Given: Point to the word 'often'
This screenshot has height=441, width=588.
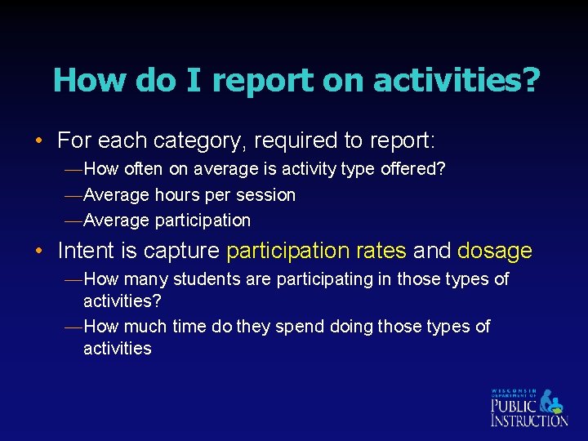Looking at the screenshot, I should tap(143, 169).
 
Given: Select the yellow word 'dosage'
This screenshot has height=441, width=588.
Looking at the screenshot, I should tap(495, 251).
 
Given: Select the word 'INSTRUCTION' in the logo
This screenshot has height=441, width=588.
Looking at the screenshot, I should tap(528, 420).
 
